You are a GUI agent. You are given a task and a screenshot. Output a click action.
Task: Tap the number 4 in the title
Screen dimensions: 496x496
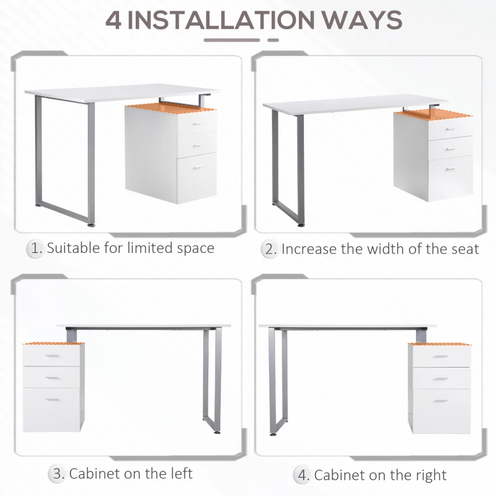point(113,20)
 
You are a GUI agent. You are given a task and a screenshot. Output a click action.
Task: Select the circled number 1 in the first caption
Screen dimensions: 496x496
point(35,249)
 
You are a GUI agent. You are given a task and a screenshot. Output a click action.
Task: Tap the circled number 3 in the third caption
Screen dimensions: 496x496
point(58,474)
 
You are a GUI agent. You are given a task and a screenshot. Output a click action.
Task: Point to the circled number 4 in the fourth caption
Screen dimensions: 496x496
point(303,476)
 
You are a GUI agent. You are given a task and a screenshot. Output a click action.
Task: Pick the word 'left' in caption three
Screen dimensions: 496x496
point(179,474)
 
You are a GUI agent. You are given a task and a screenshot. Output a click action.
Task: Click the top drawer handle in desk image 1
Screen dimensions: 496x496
point(197,125)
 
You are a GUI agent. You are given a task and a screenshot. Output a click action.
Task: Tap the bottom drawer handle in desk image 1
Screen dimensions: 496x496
point(197,168)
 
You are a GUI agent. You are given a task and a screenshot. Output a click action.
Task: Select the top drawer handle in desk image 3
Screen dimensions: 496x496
point(53,356)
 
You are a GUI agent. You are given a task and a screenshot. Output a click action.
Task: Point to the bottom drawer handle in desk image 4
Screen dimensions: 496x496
point(441,401)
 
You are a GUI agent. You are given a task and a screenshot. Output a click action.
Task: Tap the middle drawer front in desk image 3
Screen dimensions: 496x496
point(53,377)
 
